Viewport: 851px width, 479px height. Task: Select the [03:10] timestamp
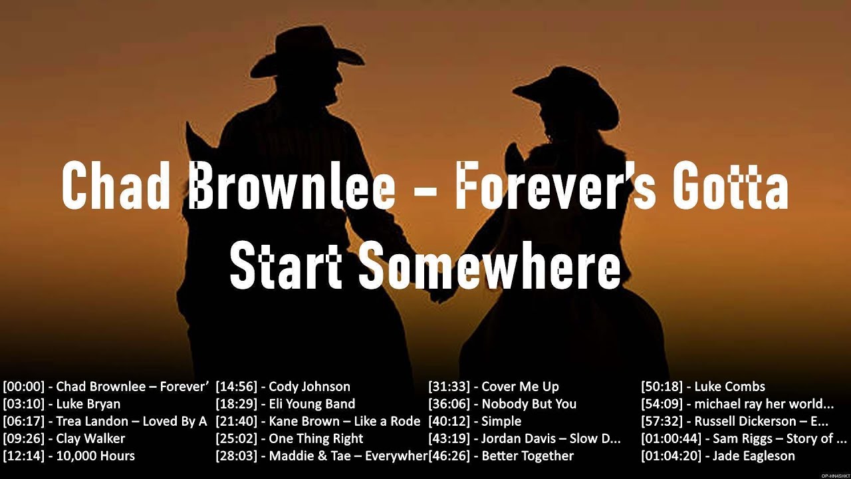[x=23, y=404]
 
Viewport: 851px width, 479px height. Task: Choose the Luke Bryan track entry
[x=88, y=404]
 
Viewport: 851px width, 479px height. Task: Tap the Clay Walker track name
[x=90, y=438]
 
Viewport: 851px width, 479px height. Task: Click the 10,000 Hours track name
[x=95, y=456]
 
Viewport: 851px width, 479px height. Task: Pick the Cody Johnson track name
[x=309, y=387]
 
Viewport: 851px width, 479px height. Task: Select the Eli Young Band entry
[x=312, y=404]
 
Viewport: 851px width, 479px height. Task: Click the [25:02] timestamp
[x=236, y=438]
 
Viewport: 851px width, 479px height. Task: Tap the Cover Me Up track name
[x=520, y=387]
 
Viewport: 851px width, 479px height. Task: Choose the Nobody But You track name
[x=529, y=404]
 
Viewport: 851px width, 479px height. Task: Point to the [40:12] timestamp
[x=449, y=421]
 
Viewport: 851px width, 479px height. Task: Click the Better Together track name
[x=527, y=456]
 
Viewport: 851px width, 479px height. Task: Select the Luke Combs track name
[x=729, y=387]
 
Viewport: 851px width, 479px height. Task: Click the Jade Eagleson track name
[x=753, y=456]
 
